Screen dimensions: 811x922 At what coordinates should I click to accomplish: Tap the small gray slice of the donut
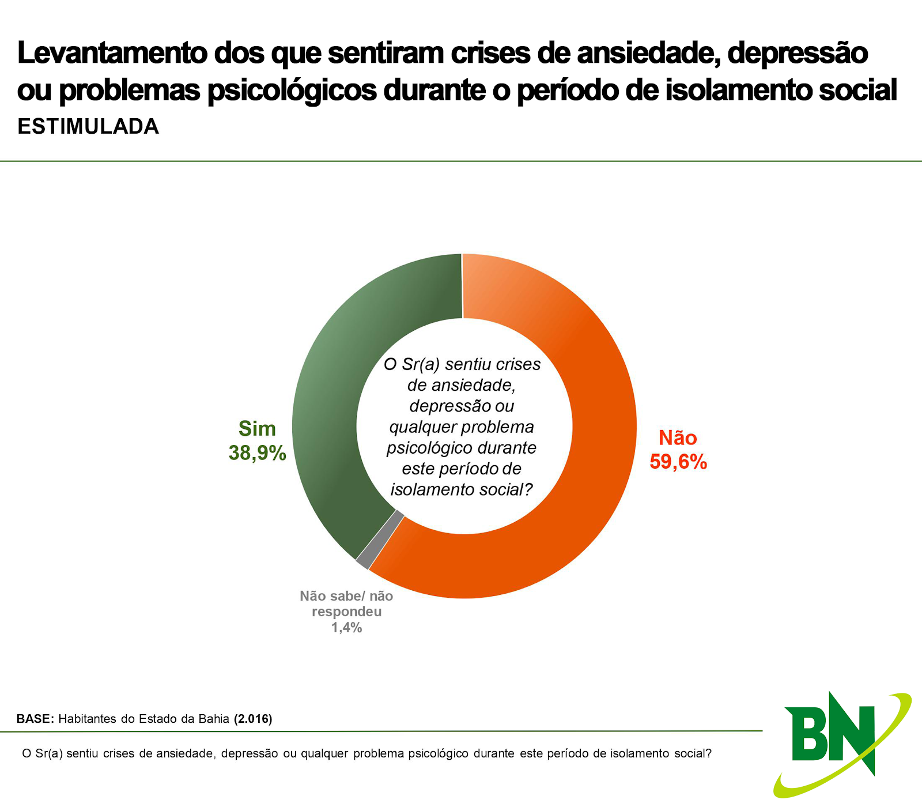pyautogui.click(x=379, y=539)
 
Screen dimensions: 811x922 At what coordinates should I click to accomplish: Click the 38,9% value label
pyautogui.click(x=257, y=453)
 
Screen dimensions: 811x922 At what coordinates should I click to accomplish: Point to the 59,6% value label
pyautogui.click(x=678, y=462)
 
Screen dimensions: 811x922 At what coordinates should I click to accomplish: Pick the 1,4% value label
pyautogui.click(x=346, y=628)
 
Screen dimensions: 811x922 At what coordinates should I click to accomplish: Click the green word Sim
pyautogui.click(x=257, y=429)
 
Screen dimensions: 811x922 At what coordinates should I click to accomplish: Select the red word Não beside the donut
pyautogui.click(x=678, y=438)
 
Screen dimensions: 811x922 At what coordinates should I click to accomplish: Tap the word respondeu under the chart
pyautogui.click(x=346, y=612)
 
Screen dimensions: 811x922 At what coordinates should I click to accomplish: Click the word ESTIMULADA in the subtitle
pyautogui.click(x=88, y=127)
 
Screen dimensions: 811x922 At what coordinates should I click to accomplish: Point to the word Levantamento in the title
pyautogui.click(x=112, y=53)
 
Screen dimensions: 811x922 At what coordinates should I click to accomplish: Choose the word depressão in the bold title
pyautogui.click(x=798, y=53)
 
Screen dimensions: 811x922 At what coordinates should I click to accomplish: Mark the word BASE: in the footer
pyautogui.click(x=35, y=719)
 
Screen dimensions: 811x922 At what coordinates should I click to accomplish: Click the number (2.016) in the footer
pyautogui.click(x=253, y=719)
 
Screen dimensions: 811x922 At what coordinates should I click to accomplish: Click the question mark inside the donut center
pyautogui.click(x=528, y=489)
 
